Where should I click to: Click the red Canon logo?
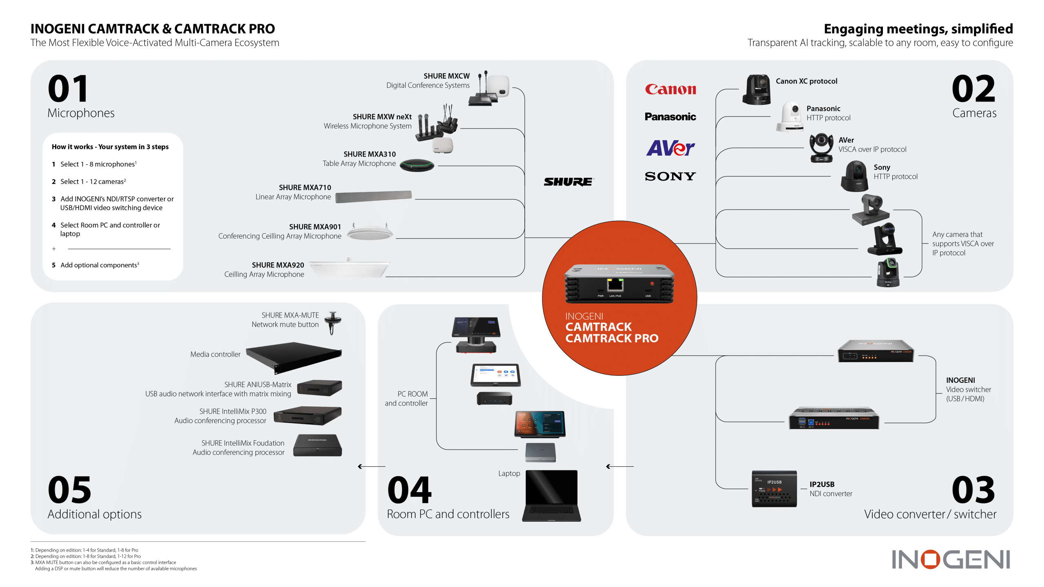(x=670, y=89)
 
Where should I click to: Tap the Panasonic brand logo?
(x=670, y=117)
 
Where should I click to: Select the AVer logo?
(x=670, y=148)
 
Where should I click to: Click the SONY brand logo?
(x=670, y=177)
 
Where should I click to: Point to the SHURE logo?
(x=568, y=182)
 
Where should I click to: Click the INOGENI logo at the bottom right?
(x=950, y=559)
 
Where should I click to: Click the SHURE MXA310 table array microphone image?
(x=417, y=165)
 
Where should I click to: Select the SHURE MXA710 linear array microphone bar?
(x=373, y=196)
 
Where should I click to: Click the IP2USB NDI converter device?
(x=774, y=489)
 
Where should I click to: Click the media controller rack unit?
(x=294, y=357)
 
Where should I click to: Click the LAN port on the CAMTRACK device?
(x=615, y=285)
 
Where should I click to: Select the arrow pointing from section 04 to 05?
(x=371, y=466)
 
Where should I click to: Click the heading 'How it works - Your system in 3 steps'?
(x=110, y=147)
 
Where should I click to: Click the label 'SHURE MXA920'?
(x=278, y=265)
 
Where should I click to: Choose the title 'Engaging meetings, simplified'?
(x=918, y=29)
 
